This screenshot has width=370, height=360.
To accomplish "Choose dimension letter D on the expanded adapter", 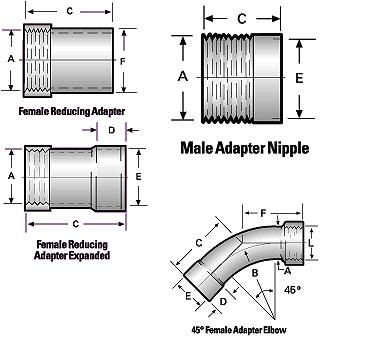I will (113, 129).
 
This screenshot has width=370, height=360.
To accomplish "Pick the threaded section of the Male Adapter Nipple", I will (227, 77).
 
